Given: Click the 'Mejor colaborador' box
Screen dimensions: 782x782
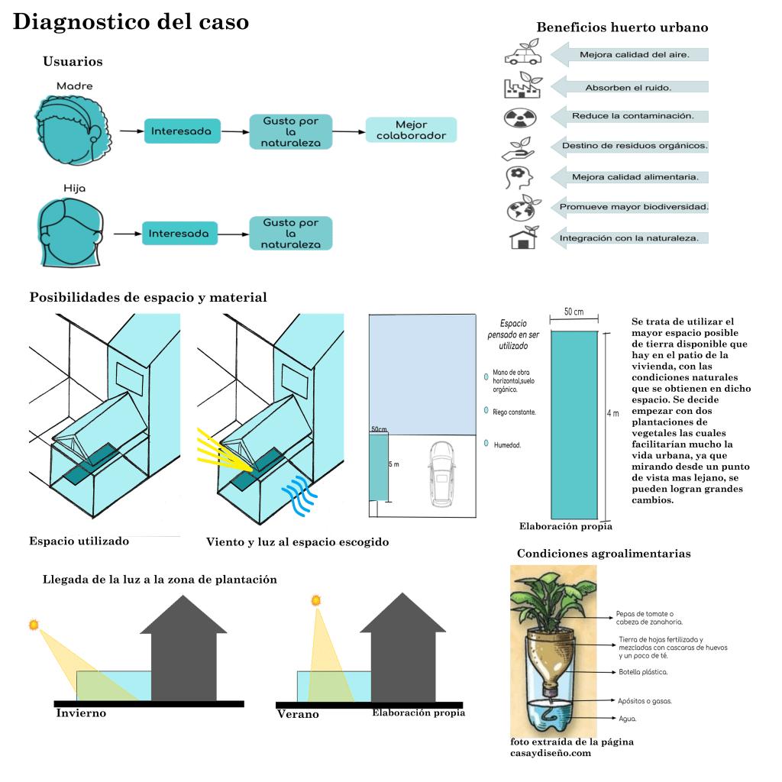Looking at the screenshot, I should click(411, 130).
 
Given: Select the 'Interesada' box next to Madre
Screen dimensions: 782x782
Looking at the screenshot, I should click(181, 131).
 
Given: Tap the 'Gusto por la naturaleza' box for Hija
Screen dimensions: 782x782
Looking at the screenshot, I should click(290, 233).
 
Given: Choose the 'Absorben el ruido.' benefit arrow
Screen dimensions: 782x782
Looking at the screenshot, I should click(629, 87).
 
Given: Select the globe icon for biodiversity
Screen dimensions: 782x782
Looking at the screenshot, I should click(522, 207).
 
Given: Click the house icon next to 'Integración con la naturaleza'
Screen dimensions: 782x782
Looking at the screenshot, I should click(523, 238).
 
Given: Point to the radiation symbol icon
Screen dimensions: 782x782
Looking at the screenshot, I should click(521, 117).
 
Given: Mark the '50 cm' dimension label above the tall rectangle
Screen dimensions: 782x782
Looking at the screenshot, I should click(574, 312).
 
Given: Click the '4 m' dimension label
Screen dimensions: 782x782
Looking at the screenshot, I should click(612, 413).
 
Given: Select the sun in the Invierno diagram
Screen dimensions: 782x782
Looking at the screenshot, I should click(33, 625).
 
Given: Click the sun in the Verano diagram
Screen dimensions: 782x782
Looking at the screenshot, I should click(315, 601).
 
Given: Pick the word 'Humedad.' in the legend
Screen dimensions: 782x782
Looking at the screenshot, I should click(508, 444).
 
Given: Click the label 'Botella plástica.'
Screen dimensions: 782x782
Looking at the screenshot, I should click(643, 672).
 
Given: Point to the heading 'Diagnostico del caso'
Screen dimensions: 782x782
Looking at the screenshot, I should click(131, 22).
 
